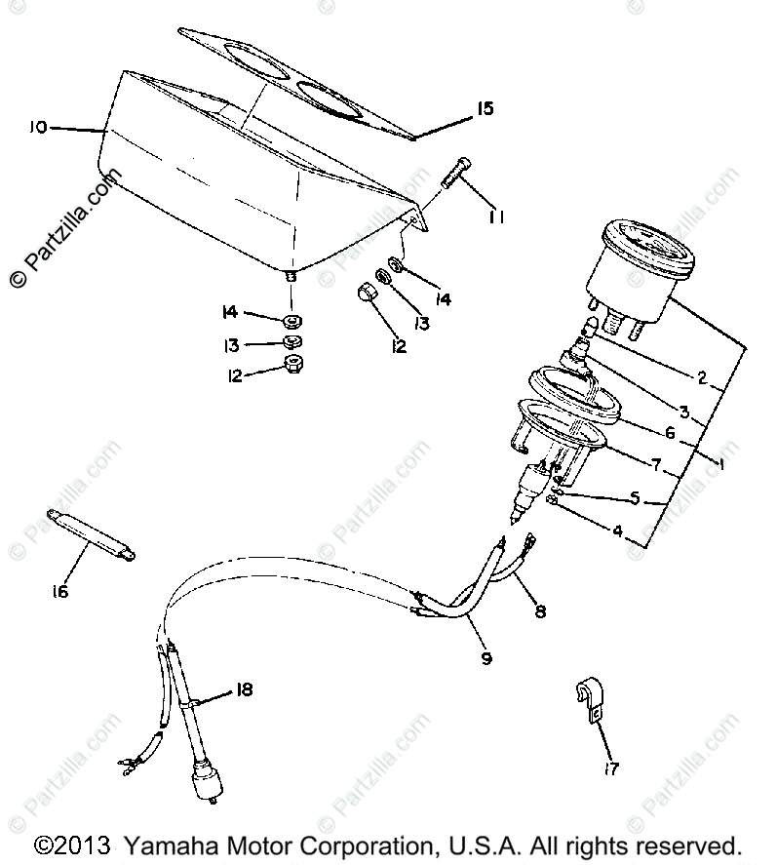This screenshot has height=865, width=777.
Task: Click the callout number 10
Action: pos(37,128)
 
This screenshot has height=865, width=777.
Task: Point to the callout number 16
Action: pos(60,591)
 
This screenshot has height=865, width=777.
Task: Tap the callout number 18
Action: pos(243,689)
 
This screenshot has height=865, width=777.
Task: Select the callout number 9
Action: pos(485,658)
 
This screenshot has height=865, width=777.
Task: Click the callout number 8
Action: pos(540,611)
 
